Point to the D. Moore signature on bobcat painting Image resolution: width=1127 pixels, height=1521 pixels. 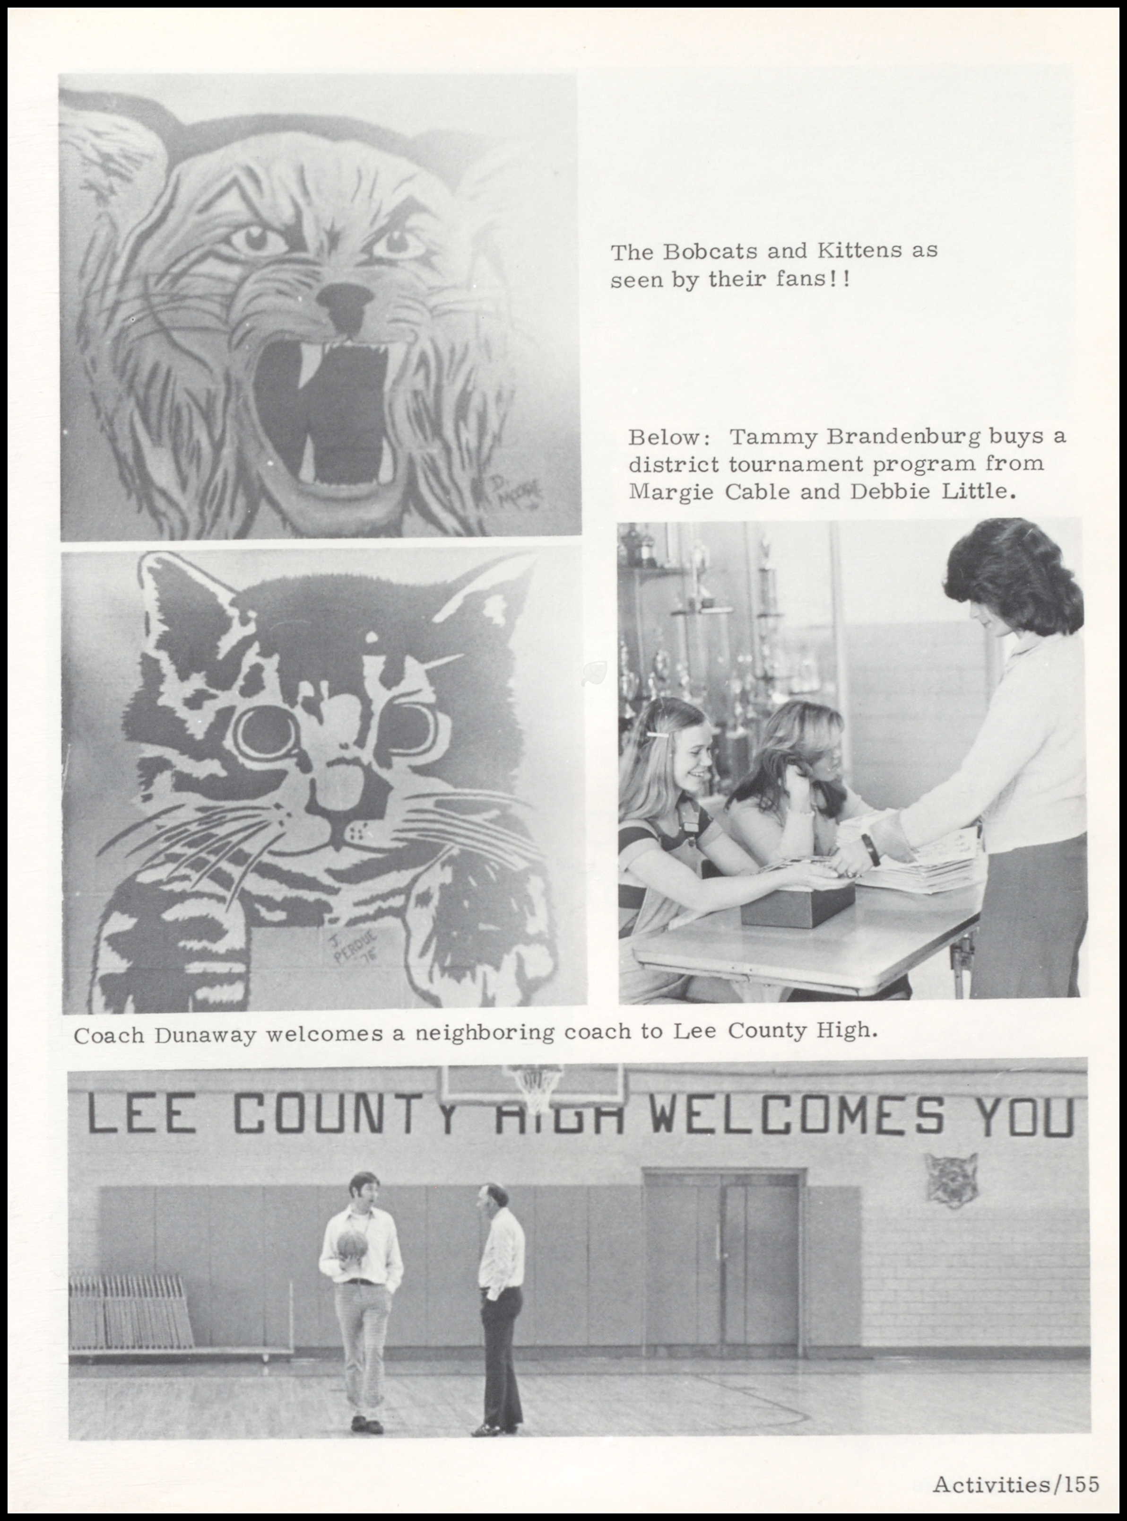click(515, 492)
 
